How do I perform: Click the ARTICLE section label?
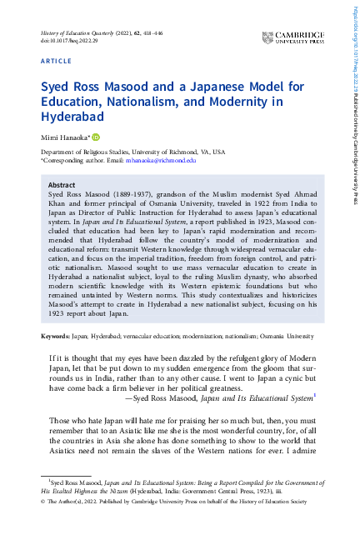tap(57, 62)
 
